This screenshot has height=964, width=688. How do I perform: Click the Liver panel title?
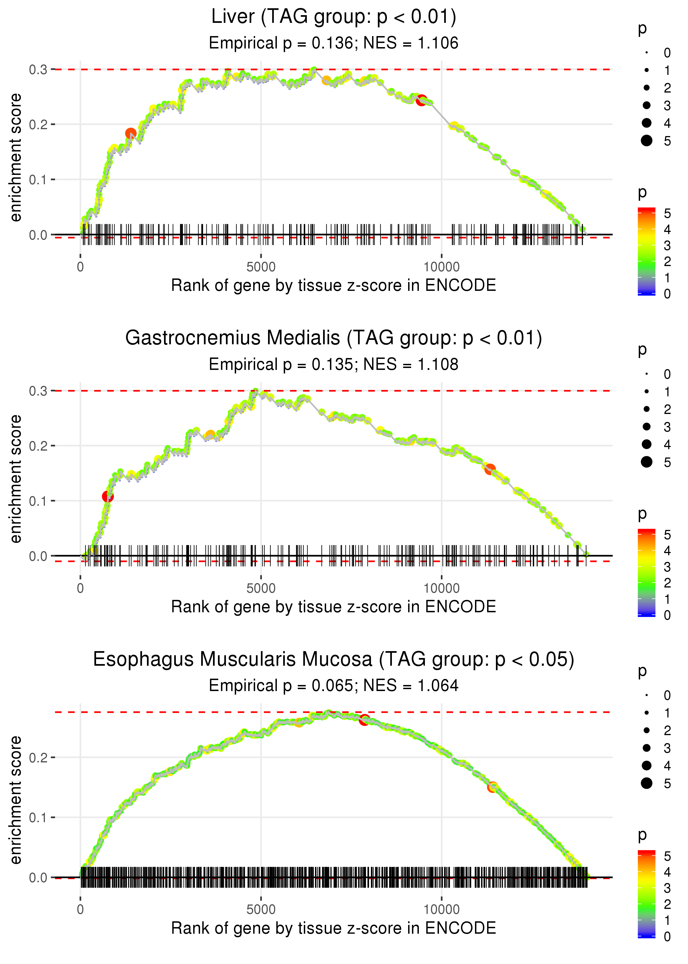point(334,17)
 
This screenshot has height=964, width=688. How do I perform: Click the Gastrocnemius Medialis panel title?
point(334,338)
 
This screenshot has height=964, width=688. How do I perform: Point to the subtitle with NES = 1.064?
point(334,686)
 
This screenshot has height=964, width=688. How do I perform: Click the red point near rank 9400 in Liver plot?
point(421,101)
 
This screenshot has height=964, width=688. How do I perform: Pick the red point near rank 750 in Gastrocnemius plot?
point(108,496)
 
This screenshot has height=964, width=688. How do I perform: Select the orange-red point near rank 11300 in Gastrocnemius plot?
point(490,469)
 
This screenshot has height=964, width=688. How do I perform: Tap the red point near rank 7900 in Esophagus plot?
point(364,720)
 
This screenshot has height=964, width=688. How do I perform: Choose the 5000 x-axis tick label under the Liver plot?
point(261,267)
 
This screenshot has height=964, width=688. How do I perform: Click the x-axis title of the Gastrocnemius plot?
point(334,607)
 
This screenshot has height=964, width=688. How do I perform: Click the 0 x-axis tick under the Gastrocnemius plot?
point(80,588)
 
